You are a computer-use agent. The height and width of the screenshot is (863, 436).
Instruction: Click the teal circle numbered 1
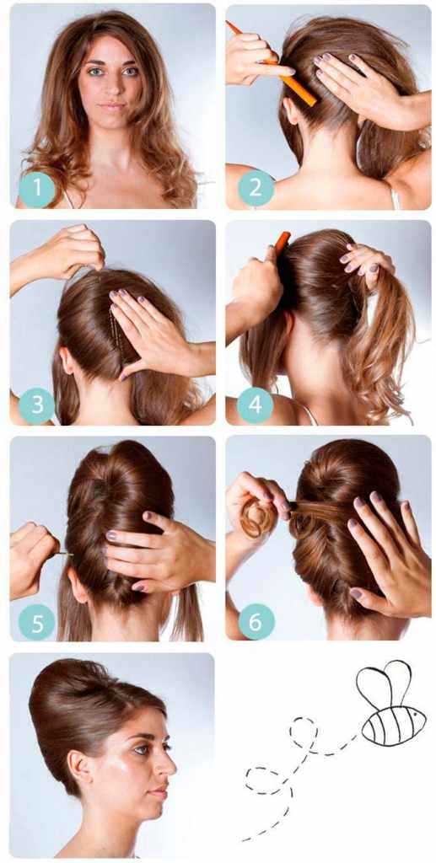coord(37,189)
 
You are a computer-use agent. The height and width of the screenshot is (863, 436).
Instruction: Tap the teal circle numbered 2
coord(256,188)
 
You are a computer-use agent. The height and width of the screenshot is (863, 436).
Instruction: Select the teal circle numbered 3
coord(37,405)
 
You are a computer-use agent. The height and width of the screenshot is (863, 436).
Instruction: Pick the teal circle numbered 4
coord(256,405)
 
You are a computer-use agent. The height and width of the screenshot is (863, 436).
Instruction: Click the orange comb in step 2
coord(272,64)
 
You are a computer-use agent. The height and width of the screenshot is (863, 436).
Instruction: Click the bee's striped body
coord(393,718)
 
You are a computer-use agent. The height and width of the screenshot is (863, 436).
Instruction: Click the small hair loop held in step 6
coord(255,517)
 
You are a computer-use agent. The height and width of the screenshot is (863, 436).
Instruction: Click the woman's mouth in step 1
coord(113,105)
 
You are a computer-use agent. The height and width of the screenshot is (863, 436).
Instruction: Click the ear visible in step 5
coord(78,587)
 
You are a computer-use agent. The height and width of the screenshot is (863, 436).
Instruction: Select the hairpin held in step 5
coord(65,555)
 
